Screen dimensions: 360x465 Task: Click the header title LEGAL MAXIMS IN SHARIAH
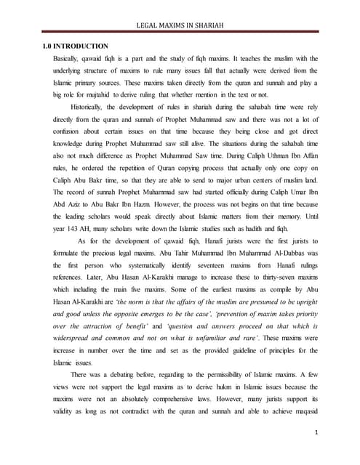pyautogui.click(x=180, y=26)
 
